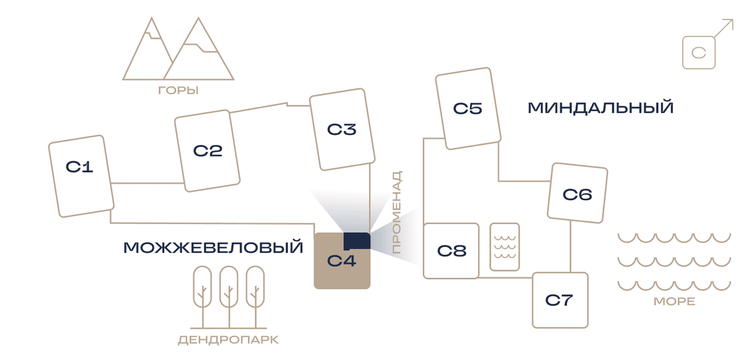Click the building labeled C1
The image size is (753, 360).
coord(81,176)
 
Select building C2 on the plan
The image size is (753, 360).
coord(207,151)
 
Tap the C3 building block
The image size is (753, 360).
coord(342,129)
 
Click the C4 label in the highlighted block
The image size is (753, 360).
coord(341,261)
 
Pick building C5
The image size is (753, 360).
coord(468,109)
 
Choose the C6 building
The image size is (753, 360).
coord(577,193)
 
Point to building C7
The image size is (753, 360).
coord(560,300)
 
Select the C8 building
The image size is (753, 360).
coord(451,251)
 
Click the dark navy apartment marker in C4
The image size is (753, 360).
coord(356,241)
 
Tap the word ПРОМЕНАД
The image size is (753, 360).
coord(397,212)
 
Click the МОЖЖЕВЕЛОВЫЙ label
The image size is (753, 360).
coord(213,247)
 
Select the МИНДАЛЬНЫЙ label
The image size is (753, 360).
coord(601,108)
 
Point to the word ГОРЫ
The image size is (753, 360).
coord(178,90)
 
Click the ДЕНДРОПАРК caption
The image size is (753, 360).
coord(228,340)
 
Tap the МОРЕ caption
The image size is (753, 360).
coord(675,301)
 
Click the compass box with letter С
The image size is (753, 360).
coord(699,53)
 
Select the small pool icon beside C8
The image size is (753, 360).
coord(505,246)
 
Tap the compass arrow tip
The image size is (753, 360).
coord(733,20)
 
